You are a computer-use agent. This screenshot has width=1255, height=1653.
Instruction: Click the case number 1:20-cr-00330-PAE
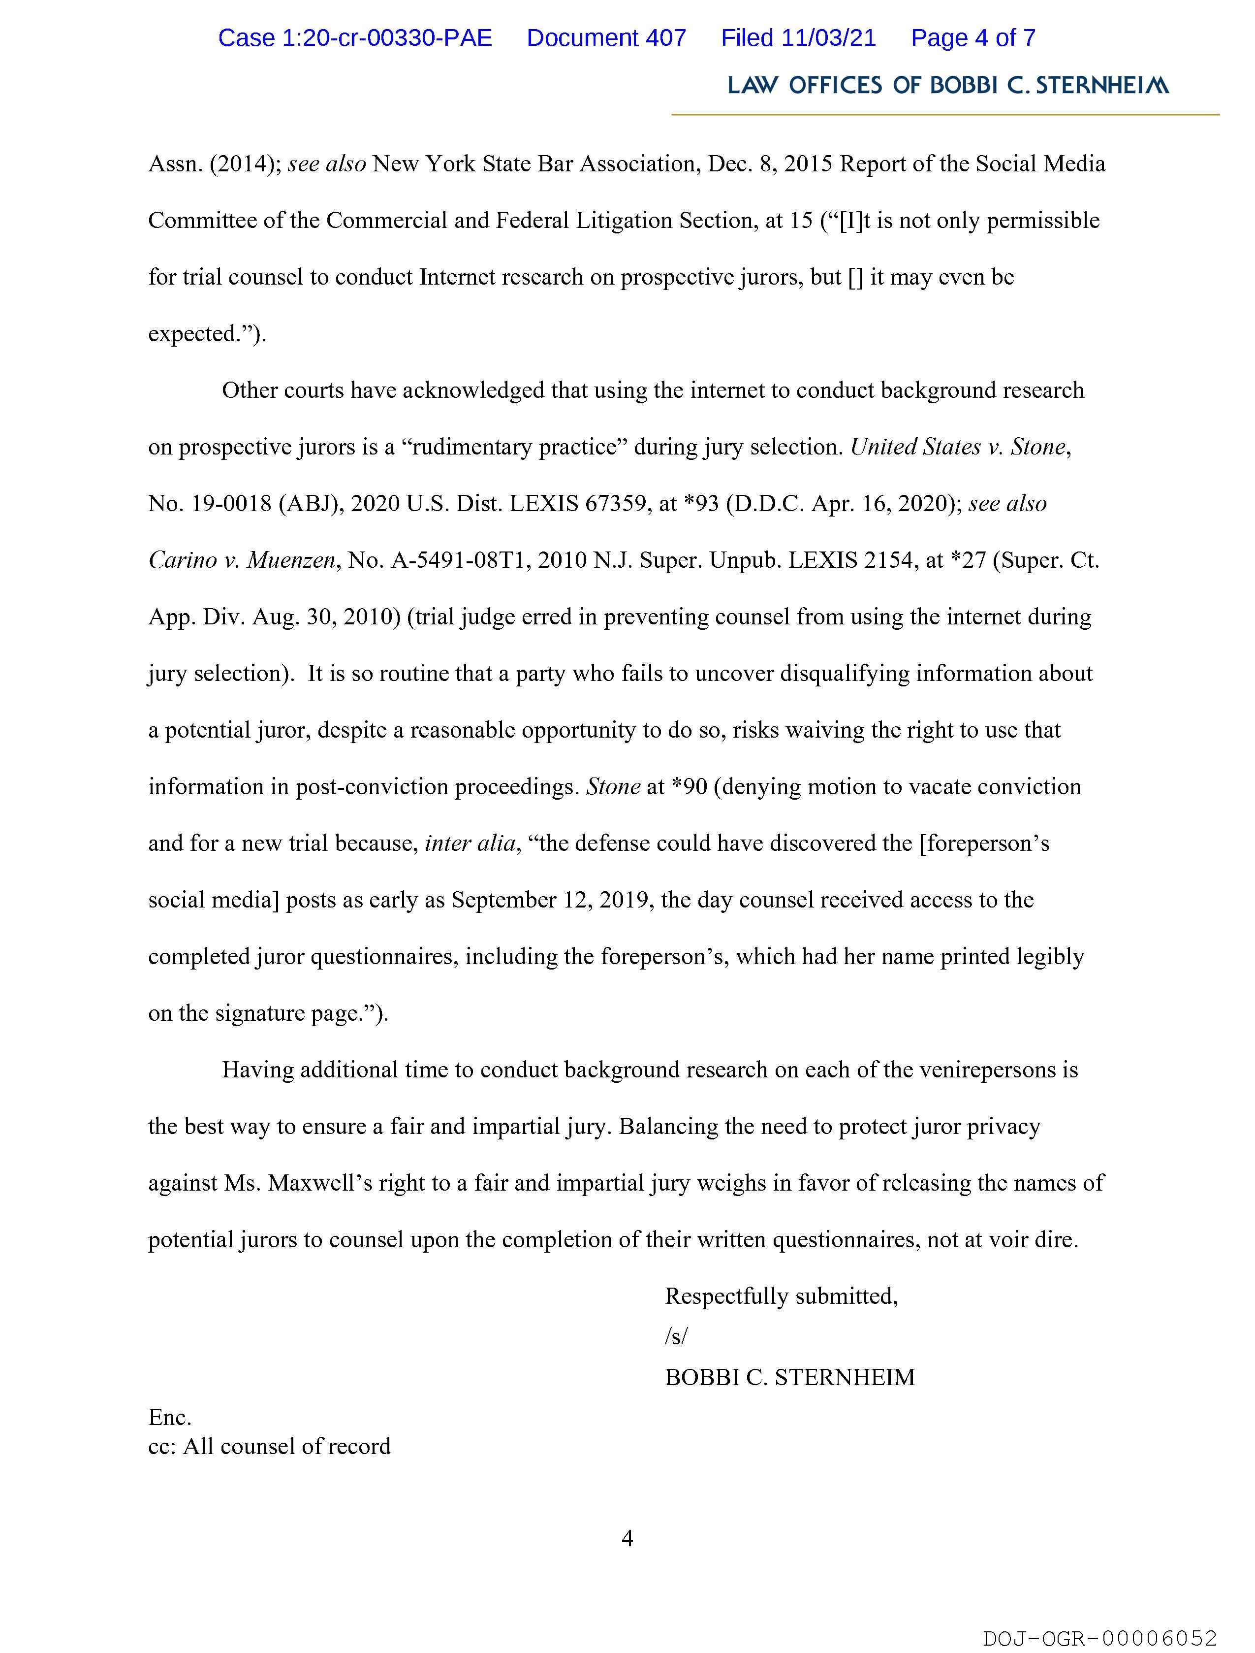point(355,38)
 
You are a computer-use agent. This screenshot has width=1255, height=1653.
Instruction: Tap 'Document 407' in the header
point(606,38)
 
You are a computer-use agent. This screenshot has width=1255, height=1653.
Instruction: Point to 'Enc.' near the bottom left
point(170,1418)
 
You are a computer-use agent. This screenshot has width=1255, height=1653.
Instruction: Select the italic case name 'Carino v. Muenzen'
point(241,560)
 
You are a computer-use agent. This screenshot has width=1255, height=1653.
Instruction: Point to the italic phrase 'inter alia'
point(470,843)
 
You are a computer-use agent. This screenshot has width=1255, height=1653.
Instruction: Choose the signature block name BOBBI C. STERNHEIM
point(789,1377)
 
